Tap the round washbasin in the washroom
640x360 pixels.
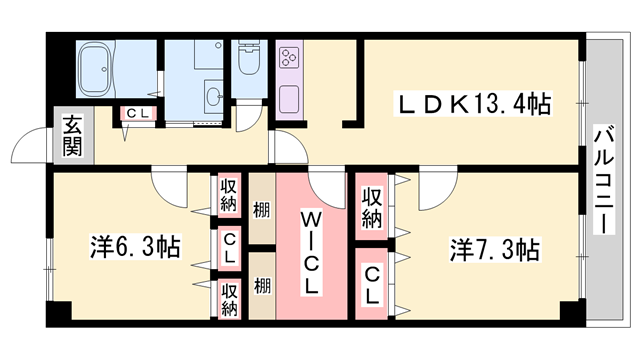[213, 97]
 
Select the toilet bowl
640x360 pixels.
[248, 62]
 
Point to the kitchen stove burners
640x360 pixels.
[290, 58]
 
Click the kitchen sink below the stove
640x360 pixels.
[290, 99]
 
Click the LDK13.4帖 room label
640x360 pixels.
[475, 102]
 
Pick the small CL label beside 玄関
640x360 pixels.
[137, 114]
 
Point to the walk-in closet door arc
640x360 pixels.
[326, 187]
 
